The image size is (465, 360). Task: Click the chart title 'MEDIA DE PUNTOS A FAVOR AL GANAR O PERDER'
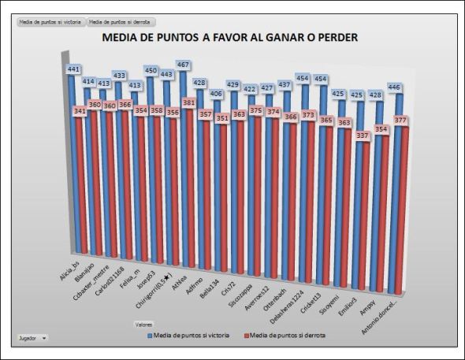(229, 37)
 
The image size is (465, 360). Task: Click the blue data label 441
(74, 69)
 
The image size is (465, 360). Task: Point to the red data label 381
(190, 102)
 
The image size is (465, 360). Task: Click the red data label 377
(400, 121)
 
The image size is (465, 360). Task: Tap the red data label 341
(80, 111)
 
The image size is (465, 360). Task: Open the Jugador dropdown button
(32, 337)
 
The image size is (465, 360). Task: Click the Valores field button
(143, 324)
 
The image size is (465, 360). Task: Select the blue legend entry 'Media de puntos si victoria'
(187, 335)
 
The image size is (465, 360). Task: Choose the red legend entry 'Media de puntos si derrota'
(285, 335)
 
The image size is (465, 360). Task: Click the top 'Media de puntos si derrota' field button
(121, 22)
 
